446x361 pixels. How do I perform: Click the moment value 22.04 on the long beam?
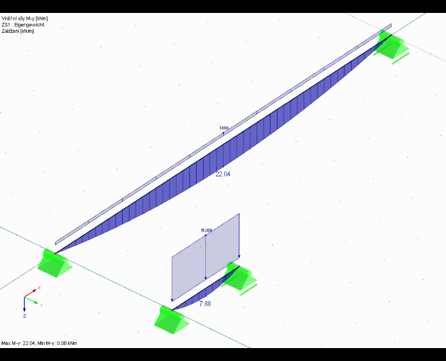tap(223, 174)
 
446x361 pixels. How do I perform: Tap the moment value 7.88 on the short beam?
tap(205, 304)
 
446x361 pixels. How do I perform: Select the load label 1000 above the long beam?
tap(224, 128)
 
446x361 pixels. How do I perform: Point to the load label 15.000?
tap(206, 230)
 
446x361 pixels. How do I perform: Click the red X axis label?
tap(39, 288)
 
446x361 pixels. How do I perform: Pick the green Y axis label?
tap(42, 306)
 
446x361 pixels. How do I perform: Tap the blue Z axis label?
tap(25, 316)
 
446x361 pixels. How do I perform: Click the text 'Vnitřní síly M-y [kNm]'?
tap(25, 18)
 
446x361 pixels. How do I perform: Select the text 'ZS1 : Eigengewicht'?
tap(23, 25)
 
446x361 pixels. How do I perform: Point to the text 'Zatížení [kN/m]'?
tap(18, 31)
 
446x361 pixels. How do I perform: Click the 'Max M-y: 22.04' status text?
tap(19, 343)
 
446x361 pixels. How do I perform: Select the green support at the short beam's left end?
tap(171, 320)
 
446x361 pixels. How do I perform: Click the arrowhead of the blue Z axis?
tap(25, 309)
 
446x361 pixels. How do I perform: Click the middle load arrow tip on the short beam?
tap(205, 279)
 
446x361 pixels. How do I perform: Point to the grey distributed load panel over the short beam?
tap(205, 258)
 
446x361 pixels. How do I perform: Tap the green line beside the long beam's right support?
tap(401, 58)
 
